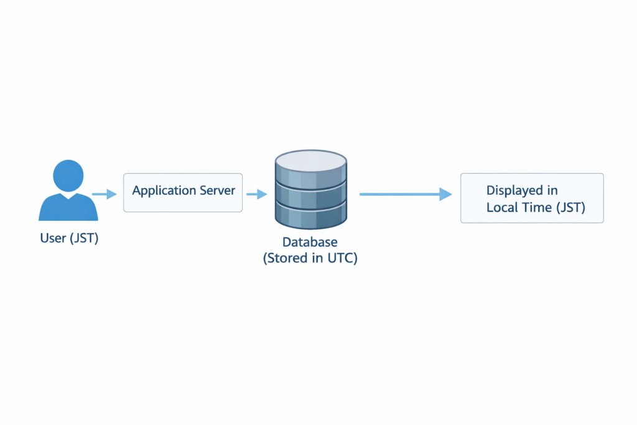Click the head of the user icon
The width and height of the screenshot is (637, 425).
point(68,175)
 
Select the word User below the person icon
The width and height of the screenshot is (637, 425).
point(52,238)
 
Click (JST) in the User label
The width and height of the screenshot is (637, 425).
point(83,238)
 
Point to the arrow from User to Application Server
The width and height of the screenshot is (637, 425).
point(105,194)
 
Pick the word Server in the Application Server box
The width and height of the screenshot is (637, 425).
point(217,190)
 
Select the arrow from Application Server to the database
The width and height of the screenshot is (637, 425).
point(256,194)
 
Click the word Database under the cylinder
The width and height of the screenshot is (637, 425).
point(310,243)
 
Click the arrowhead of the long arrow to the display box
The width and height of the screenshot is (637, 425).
point(445,194)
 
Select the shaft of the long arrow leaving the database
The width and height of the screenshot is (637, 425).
point(398,194)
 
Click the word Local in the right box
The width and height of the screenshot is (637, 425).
point(501,207)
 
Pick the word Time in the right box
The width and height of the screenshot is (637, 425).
point(535,207)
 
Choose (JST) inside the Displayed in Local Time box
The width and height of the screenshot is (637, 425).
point(570,207)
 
